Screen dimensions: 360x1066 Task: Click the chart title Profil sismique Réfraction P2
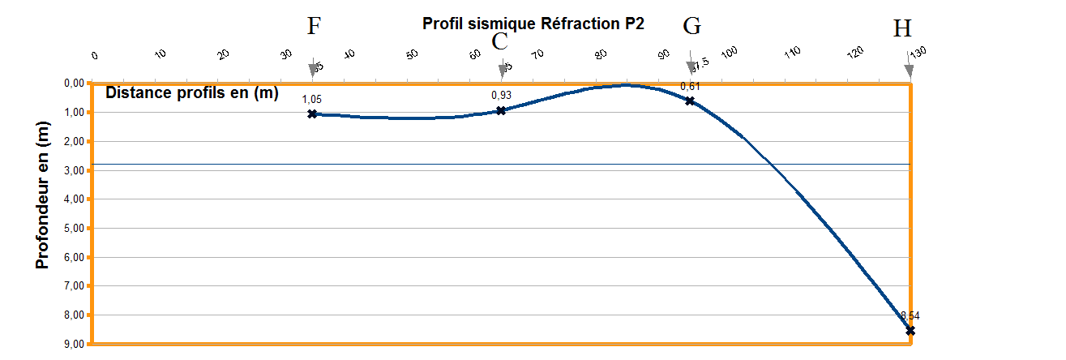pos(533,23)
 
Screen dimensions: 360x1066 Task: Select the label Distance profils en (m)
pos(192,92)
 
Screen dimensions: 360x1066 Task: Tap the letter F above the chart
pos(314,26)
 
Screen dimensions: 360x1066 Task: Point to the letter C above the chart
pos(500,41)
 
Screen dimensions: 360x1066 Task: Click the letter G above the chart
pos(691,26)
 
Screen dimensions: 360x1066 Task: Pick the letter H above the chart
pos(901,29)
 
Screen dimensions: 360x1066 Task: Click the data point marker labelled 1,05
pos(312,114)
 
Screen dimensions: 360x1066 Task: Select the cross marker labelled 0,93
pos(501,110)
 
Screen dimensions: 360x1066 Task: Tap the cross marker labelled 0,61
pos(690,101)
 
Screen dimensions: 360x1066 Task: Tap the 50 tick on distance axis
pos(412,54)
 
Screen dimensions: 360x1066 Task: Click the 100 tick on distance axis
pos(729,53)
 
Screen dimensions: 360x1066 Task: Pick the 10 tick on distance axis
pos(160,54)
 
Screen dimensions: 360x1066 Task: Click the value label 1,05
pos(312,99)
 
